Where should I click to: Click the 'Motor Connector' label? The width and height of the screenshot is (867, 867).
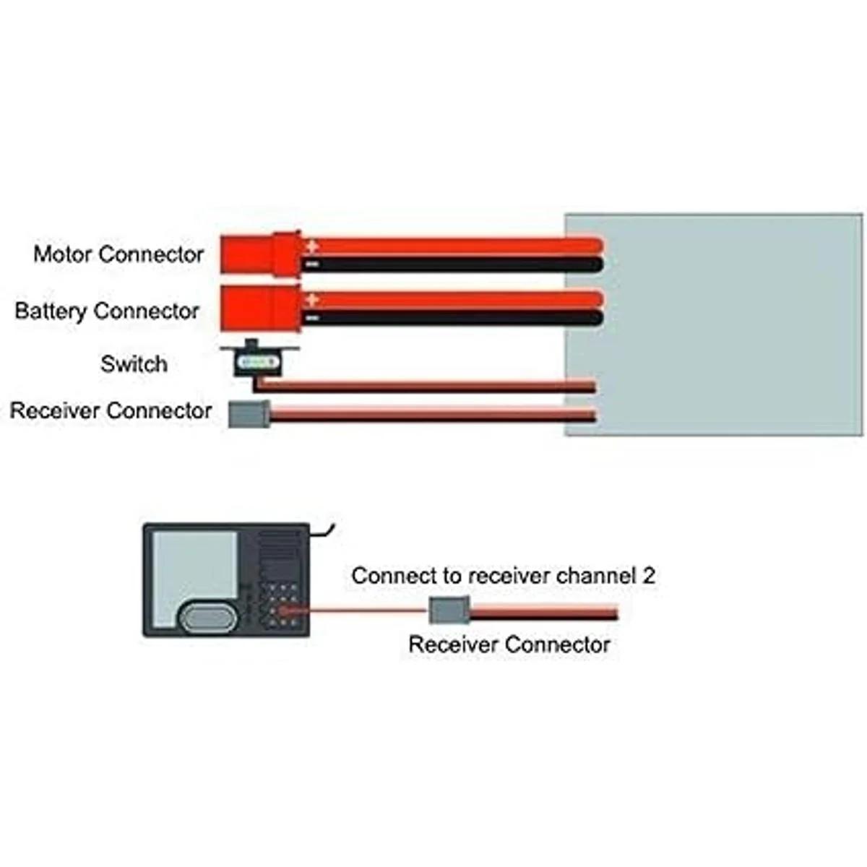[118, 254]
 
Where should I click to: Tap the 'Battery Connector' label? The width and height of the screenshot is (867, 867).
[107, 311]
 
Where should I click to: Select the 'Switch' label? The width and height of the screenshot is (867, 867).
[134, 363]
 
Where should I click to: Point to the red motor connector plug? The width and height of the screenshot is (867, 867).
[259, 254]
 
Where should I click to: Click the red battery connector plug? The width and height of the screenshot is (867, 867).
[259, 308]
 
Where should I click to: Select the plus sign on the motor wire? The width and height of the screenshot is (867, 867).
[311, 246]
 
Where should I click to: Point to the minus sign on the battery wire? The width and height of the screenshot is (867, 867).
[311, 317]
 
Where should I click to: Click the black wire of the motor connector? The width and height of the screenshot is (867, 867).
[455, 264]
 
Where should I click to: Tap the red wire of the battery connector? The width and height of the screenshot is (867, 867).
[455, 298]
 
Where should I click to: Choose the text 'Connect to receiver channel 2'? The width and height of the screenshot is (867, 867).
[504, 576]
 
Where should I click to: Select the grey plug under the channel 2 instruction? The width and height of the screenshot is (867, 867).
[449, 611]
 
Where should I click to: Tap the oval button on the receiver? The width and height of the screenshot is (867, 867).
[207, 618]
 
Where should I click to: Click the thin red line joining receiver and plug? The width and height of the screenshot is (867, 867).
[361, 611]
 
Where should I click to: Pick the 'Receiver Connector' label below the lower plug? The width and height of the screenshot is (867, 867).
[509, 644]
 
